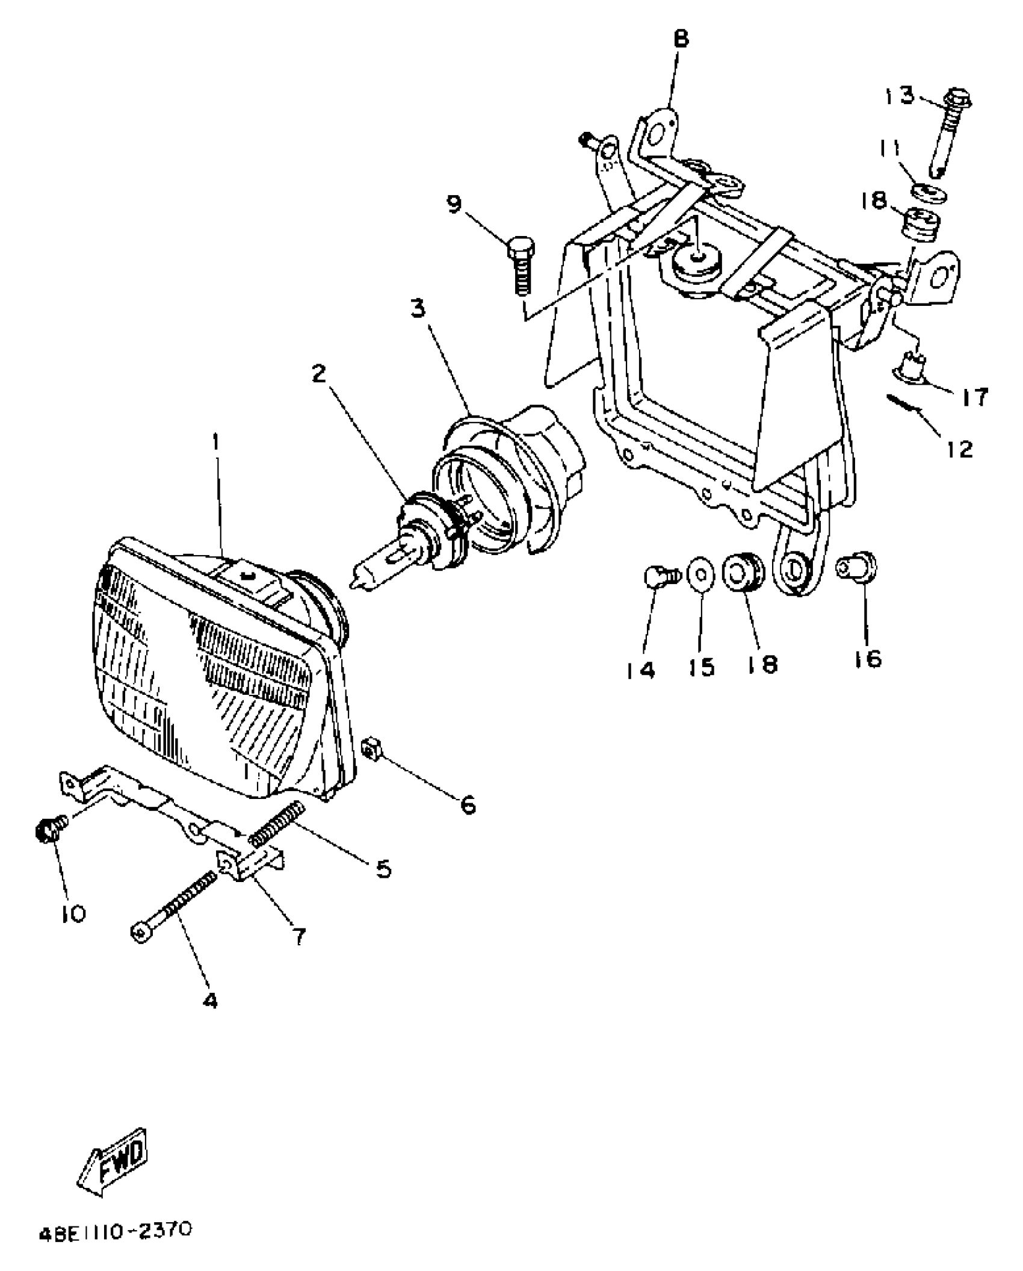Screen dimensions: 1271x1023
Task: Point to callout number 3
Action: pos(418,309)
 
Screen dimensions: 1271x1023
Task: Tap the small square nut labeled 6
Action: pos(369,751)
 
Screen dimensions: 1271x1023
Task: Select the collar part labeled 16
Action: pos(858,567)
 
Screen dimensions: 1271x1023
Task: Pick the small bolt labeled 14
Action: pos(658,577)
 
